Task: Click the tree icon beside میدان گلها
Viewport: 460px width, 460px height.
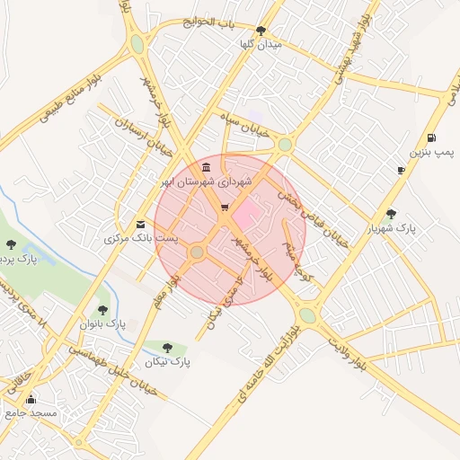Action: coord(261,31)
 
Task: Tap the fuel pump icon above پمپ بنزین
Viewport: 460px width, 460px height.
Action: coord(432,138)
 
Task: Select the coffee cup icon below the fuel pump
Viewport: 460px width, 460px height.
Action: coord(401,170)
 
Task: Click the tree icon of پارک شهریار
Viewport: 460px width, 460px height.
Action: coord(390,215)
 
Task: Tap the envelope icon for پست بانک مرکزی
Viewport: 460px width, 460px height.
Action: coord(139,224)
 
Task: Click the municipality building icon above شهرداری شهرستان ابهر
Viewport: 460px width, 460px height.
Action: coord(208,167)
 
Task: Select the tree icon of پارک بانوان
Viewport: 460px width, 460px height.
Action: coord(102,310)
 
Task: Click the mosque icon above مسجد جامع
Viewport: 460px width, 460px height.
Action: coord(32,399)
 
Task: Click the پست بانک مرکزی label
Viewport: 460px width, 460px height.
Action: coord(141,239)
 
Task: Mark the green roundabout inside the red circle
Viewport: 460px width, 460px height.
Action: coord(197,252)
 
